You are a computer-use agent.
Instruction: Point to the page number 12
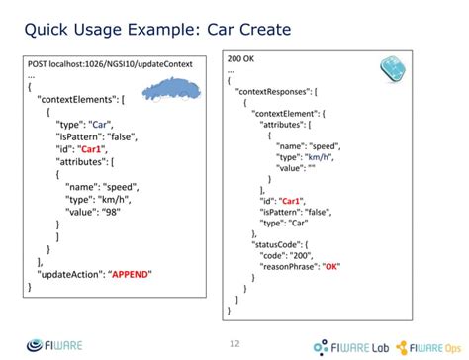[x=234, y=343]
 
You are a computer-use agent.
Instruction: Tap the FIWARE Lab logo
[x=348, y=346]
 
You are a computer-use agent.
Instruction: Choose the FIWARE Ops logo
[x=429, y=346]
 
